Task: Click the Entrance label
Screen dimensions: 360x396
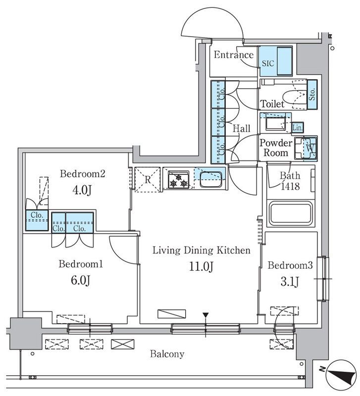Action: click(x=234, y=55)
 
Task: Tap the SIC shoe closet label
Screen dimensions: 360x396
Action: click(x=268, y=63)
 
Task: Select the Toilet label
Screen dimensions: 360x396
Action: click(x=272, y=104)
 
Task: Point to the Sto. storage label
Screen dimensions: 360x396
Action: click(x=312, y=94)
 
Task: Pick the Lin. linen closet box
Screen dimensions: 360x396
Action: click(x=297, y=128)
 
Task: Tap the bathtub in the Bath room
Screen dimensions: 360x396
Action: click(x=291, y=213)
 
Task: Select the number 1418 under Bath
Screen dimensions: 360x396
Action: click(x=290, y=187)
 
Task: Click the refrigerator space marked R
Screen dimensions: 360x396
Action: click(x=148, y=180)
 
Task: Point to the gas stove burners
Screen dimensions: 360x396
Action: click(x=179, y=180)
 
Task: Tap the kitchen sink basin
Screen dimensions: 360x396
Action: click(x=211, y=179)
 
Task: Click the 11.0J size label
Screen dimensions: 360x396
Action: click(x=202, y=266)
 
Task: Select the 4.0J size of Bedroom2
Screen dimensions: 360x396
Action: click(x=82, y=190)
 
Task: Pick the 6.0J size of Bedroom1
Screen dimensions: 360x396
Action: click(x=80, y=280)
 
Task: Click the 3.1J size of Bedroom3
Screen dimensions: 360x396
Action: click(x=290, y=282)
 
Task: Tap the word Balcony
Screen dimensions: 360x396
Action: click(x=167, y=354)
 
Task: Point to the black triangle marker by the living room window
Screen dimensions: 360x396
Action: click(x=206, y=315)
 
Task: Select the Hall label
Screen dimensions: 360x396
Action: click(x=242, y=129)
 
